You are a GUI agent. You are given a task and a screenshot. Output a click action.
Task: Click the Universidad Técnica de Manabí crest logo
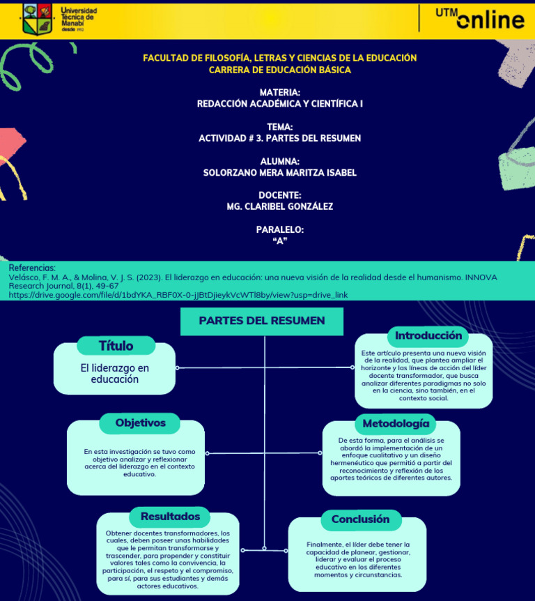38,19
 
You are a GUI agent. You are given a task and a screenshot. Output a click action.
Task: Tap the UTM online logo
480,19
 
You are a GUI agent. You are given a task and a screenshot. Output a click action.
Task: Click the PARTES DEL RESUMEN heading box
262,321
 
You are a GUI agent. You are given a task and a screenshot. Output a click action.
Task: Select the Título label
116,346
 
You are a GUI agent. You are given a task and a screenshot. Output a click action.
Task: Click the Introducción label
428,335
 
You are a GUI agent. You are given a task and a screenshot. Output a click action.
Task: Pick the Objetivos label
141,423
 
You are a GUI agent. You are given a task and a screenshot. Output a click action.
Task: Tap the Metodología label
396,423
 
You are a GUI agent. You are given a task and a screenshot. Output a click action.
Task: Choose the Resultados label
170,517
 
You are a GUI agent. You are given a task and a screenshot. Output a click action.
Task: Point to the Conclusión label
360,519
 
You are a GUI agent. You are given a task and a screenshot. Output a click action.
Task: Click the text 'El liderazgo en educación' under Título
114,374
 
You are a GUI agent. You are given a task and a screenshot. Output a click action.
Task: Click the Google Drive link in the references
178,295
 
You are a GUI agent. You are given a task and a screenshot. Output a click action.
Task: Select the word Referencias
31,268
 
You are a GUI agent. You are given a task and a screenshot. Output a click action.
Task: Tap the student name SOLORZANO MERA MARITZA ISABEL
279,172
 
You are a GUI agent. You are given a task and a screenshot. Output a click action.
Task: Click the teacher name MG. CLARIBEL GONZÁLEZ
279,206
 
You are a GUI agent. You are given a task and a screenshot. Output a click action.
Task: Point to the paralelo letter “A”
280,241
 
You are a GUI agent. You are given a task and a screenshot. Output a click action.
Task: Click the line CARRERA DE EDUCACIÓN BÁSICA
279,70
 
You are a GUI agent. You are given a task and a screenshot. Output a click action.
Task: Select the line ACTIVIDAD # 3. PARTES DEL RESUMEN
279,138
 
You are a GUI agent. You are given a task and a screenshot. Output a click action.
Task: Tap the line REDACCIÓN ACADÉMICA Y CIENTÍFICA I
279,104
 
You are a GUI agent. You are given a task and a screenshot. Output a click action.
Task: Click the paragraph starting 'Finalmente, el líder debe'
358,559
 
